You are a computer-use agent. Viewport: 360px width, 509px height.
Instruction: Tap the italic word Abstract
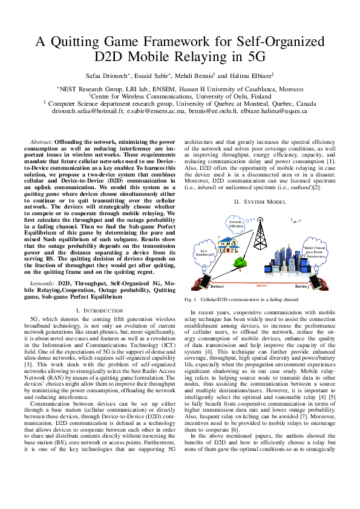pos(41,141)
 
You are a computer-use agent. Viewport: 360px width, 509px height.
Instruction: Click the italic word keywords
pos(42,282)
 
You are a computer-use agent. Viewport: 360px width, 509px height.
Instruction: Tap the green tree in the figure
pos(209,263)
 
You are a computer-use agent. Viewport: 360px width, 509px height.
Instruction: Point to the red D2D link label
pos(261,284)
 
